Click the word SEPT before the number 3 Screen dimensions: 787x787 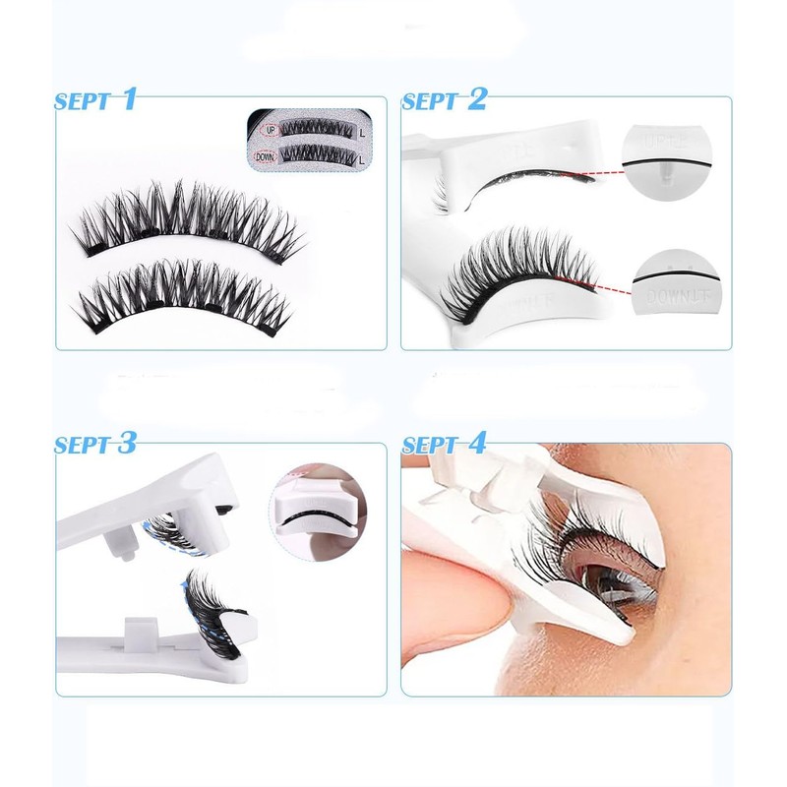tap(83, 445)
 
